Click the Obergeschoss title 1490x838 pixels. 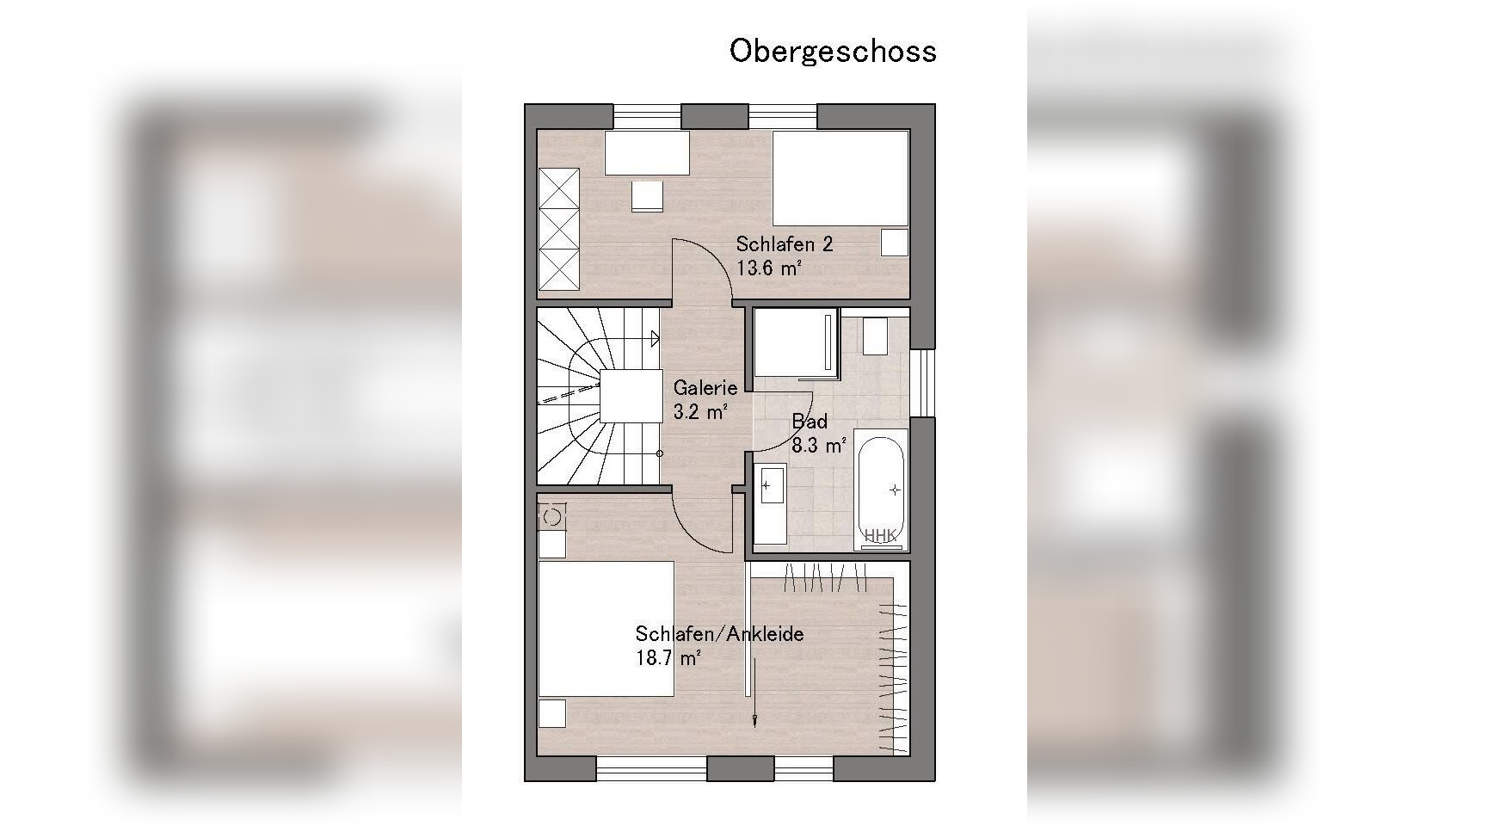[x=833, y=51]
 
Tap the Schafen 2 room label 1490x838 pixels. [x=784, y=244]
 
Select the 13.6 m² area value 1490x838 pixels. [x=769, y=268]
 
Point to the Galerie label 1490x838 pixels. [x=705, y=388]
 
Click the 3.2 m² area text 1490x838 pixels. [x=701, y=411]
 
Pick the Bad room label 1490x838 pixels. [x=810, y=422]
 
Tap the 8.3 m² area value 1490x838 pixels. [x=818, y=446]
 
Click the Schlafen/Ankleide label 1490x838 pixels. [x=719, y=634]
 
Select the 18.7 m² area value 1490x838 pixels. [x=668, y=658]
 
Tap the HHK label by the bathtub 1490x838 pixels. [x=881, y=536]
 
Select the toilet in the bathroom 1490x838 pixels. [x=874, y=336]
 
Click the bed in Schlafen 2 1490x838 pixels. [x=840, y=178]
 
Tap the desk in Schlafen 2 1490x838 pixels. [x=647, y=153]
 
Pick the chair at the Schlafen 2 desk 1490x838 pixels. [x=647, y=195]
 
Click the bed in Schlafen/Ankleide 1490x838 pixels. [x=606, y=628]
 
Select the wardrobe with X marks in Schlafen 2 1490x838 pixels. [x=558, y=229]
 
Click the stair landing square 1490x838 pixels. [x=631, y=396]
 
